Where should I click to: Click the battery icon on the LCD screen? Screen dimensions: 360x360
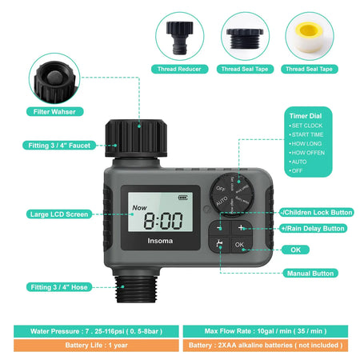(186, 196)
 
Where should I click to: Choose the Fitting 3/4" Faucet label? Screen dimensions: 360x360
(57, 146)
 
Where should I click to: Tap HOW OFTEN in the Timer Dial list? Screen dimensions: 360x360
(308, 152)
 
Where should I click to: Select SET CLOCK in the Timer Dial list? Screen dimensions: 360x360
(306, 126)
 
